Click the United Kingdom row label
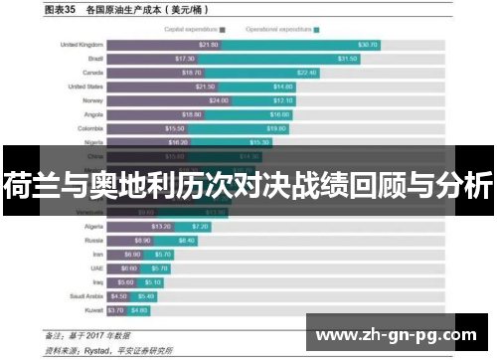click(82, 45)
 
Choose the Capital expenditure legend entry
click(195, 30)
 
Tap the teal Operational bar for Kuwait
click(139, 309)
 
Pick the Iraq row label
click(95, 281)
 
